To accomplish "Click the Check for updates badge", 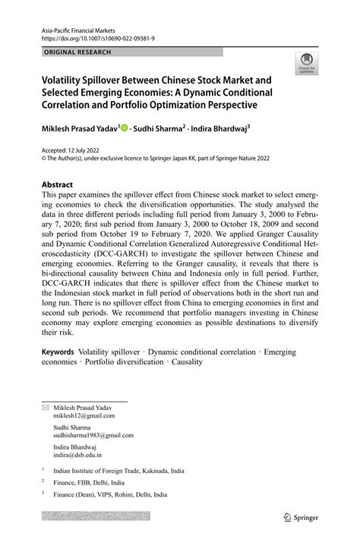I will [307, 63].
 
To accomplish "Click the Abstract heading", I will [57, 185].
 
